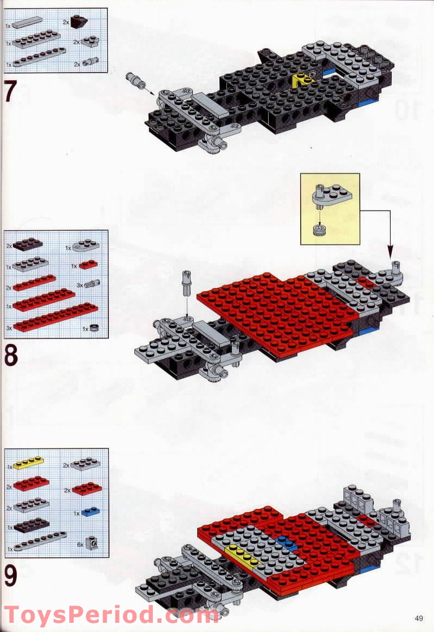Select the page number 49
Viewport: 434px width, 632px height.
pyautogui.click(x=419, y=618)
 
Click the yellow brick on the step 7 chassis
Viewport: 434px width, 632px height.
pyautogui.click(x=300, y=81)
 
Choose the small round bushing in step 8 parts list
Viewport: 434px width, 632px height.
pyautogui.click(x=94, y=328)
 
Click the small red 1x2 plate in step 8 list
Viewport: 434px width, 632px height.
pyautogui.click(x=88, y=264)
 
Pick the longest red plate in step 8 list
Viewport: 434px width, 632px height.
pyautogui.click(x=55, y=317)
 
